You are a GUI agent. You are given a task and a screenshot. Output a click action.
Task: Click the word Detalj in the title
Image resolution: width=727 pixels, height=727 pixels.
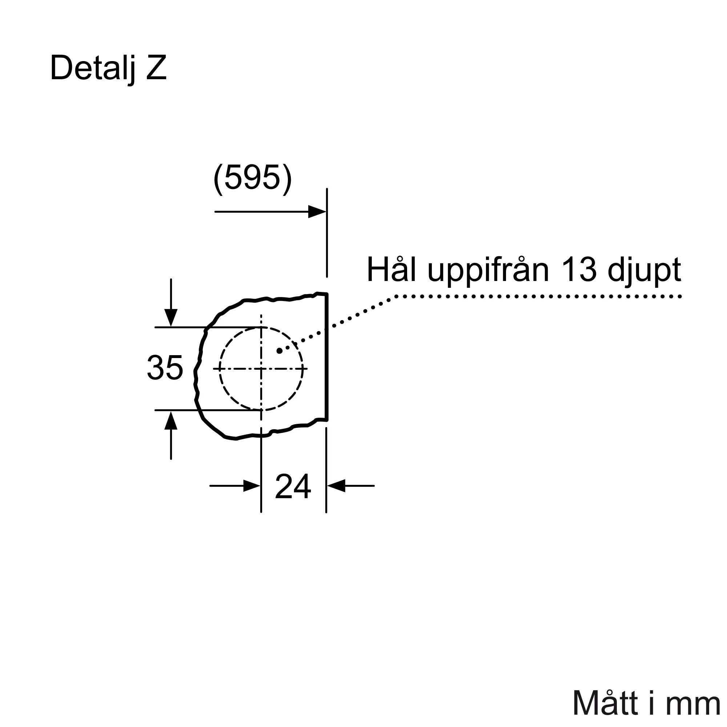click(x=92, y=68)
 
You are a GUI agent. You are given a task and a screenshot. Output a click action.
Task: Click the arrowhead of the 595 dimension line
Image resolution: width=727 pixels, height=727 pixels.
click(x=317, y=212)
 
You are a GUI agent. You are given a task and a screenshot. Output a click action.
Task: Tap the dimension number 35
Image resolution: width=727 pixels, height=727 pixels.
click(x=165, y=367)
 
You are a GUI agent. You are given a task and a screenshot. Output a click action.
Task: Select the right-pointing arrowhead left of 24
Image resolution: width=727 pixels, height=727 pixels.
click(x=252, y=486)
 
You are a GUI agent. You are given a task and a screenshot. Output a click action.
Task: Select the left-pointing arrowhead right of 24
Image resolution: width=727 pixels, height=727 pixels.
click(x=336, y=486)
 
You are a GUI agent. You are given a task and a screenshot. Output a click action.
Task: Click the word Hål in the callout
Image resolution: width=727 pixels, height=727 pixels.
click(x=391, y=269)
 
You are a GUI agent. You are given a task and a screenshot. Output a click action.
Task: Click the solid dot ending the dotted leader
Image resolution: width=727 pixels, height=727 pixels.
click(x=279, y=351)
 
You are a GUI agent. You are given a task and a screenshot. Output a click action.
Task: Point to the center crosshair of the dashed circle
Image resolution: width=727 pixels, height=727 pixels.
click(x=261, y=369)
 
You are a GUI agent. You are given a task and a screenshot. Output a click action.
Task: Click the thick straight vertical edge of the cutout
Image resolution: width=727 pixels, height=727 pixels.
click(x=327, y=357)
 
